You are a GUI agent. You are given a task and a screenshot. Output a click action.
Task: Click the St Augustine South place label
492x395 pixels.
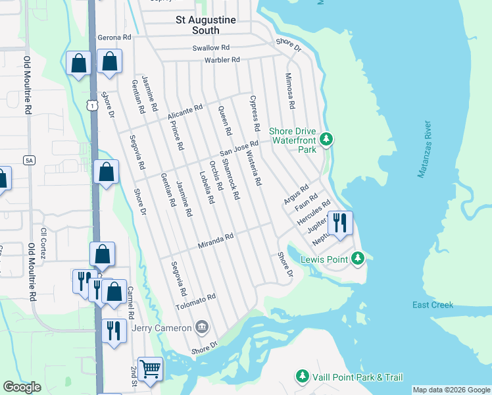[x=205, y=25]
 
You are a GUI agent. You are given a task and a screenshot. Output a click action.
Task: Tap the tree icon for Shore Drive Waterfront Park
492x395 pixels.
[x=326, y=139]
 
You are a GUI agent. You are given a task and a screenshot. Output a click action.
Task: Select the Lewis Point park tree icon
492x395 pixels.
[x=358, y=258]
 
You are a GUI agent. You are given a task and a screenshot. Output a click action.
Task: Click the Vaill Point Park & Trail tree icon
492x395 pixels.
[x=302, y=376]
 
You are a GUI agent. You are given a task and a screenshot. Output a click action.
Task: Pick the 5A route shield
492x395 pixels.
[x=28, y=160]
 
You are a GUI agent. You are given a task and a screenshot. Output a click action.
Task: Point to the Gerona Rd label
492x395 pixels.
[x=115, y=38]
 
